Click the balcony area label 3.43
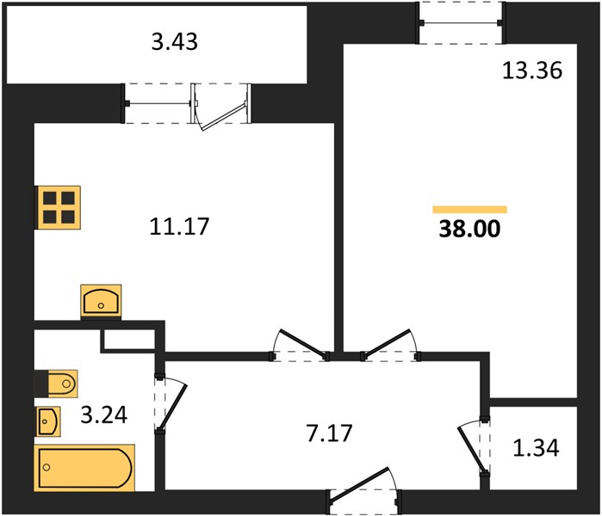[175, 41]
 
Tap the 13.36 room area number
[532, 71]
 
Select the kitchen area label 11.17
[179, 226]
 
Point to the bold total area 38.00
[469, 229]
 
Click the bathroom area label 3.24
[104, 415]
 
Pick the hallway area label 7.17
[329, 433]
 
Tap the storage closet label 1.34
[536, 448]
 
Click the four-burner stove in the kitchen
[58, 207]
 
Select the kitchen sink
[101, 301]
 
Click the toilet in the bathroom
[56, 384]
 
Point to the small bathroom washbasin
[48, 421]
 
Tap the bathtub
[84, 468]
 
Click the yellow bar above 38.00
[469, 209]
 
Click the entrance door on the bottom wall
[363, 491]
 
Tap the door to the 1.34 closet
[474, 446]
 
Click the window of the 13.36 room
[461, 23]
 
